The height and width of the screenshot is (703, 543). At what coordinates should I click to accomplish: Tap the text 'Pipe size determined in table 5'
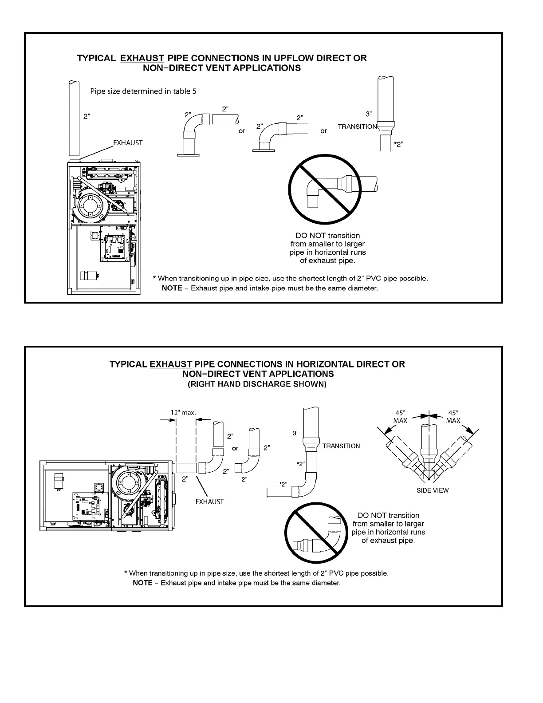[143, 91]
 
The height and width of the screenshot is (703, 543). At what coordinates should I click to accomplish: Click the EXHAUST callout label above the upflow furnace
[128, 143]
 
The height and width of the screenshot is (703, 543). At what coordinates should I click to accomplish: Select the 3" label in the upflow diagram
[369, 115]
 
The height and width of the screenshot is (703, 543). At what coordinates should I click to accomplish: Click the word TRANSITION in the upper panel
[357, 126]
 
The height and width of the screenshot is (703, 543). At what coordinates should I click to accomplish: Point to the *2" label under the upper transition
[399, 144]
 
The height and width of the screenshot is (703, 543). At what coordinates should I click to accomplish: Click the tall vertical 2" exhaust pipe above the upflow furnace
[74, 118]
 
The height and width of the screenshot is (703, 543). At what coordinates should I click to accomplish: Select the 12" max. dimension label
[183, 412]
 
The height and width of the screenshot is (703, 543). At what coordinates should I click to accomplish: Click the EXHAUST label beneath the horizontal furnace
[210, 502]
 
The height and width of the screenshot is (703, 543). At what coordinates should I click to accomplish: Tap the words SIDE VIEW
[433, 490]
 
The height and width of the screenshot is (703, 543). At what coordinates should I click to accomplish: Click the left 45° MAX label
[400, 416]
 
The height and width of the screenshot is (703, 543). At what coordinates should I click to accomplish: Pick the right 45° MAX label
[453, 416]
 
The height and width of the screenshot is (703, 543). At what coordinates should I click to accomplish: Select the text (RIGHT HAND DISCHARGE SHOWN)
[257, 384]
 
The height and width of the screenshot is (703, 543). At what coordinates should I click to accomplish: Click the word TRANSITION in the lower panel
[341, 446]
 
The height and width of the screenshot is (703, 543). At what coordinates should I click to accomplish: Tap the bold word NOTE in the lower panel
[142, 583]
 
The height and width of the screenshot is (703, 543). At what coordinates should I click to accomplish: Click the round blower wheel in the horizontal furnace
[128, 482]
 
